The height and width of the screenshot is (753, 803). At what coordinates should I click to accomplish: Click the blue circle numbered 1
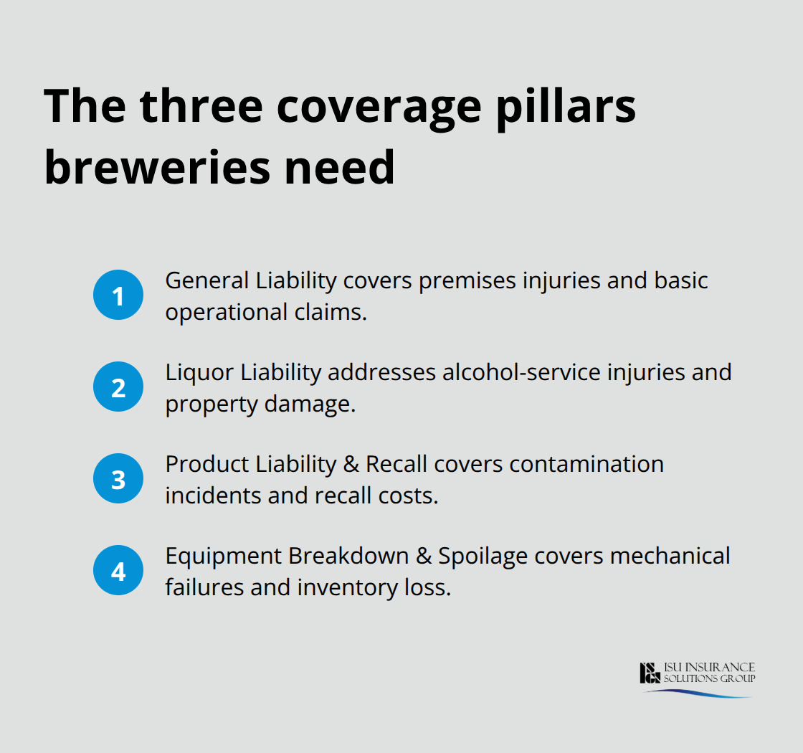[118, 295]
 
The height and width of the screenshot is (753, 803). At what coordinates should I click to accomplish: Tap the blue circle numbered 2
[118, 387]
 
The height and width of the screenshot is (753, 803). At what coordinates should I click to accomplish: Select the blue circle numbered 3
[118, 479]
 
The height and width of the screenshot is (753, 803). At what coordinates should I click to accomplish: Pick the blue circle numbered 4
[118, 571]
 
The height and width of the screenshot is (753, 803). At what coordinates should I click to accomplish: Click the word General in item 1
[207, 280]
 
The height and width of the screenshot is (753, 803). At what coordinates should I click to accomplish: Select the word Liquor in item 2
[200, 372]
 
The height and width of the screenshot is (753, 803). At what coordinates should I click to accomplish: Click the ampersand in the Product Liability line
[351, 464]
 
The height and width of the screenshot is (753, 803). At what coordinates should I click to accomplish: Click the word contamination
[587, 464]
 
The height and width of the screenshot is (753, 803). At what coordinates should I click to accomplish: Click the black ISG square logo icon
[650, 673]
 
